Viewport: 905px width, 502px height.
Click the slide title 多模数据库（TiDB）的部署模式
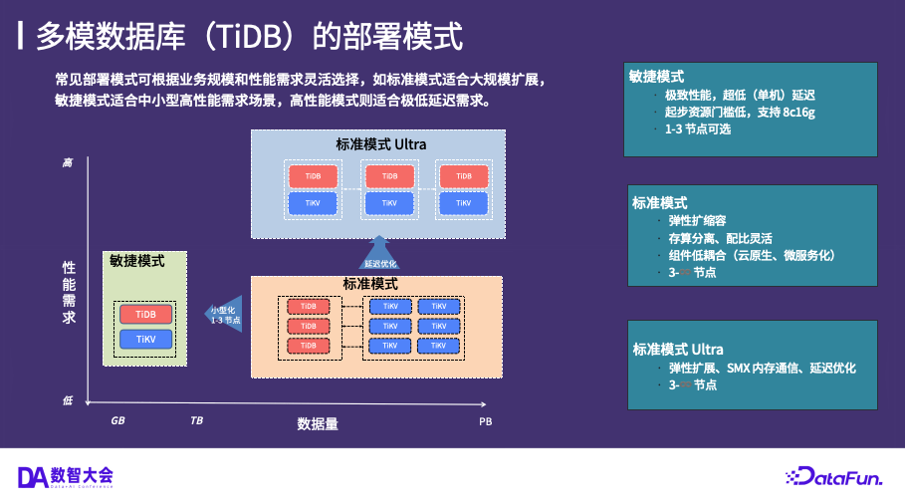[x=249, y=37]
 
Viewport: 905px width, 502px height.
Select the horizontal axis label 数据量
[x=318, y=422]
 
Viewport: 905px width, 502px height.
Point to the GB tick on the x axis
[x=117, y=421]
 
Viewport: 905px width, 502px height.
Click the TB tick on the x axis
[x=196, y=421]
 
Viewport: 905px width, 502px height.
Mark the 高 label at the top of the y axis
[x=68, y=161]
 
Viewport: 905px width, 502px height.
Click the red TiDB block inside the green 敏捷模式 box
[x=145, y=314]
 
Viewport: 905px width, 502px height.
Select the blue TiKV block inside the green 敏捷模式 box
[x=145, y=340]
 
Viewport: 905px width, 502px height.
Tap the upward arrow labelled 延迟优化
[x=379, y=254]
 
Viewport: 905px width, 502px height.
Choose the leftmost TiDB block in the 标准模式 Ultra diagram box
[x=314, y=176]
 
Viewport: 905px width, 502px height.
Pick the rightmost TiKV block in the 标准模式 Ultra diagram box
[x=464, y=203]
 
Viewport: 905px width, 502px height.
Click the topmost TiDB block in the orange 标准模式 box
[x=309, y=306]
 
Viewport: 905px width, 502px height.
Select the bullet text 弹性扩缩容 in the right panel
[x=697, y=221]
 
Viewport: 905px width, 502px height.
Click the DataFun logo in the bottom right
[x=833, y=477]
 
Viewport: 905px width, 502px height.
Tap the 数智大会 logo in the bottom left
[x=66, y=476]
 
